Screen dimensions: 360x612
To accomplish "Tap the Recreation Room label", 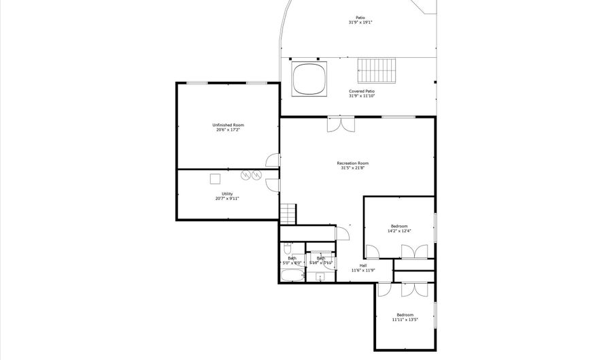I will (353, 163).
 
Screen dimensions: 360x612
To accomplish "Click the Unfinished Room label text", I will (228, 125).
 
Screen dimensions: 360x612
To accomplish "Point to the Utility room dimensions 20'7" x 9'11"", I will (227, 199).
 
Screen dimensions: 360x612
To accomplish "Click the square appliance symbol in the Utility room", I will (215, 178).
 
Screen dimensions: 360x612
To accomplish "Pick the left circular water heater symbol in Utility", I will (244, 175).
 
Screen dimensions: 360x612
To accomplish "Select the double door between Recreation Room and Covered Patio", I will (340, 125).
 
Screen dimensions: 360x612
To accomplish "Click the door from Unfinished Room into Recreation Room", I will (273, 160).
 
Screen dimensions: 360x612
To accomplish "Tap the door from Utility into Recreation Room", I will (273, 184).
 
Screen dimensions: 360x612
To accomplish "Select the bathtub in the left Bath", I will (292, 276).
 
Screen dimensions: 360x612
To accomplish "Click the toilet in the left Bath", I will (287, 249).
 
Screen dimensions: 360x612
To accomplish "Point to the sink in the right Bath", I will (319, 276).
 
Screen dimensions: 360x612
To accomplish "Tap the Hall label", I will (363, 265).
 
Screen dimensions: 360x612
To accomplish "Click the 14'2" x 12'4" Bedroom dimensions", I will (398, 231).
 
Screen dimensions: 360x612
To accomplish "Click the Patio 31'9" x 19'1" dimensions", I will (360, 22).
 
